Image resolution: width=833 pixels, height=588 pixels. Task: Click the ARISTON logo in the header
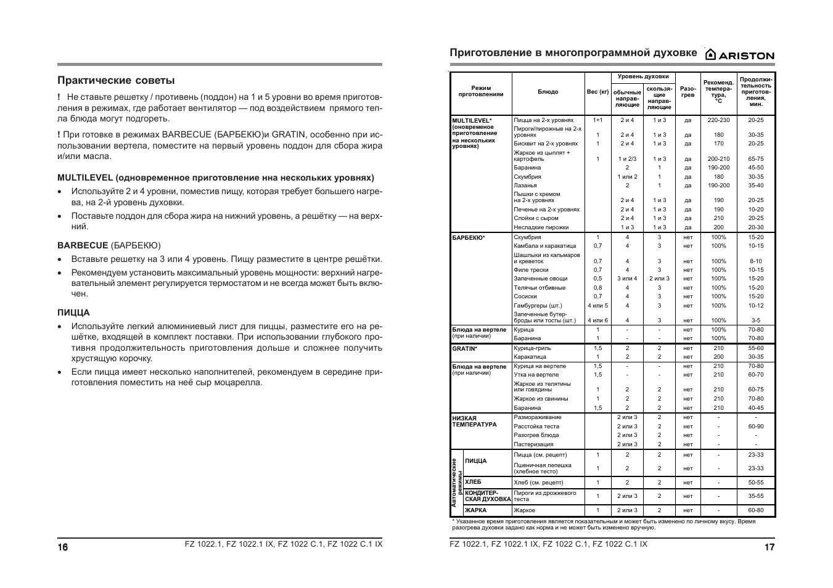point(740,55)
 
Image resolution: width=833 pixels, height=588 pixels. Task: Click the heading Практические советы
point(116,80)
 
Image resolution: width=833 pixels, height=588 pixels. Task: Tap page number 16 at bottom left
point(63,547)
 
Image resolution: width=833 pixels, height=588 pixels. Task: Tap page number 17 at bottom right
point(769,547)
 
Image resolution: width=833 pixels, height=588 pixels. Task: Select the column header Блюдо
point(548,92)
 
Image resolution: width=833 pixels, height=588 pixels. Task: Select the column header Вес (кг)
point(597,92)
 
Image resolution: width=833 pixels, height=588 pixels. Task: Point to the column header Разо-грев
point(687,92)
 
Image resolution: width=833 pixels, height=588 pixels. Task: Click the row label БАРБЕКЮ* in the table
point(469,237)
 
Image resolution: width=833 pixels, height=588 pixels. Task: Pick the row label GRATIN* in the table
point(465,348)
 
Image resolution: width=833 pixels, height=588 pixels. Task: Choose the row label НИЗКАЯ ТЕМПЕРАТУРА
point(474,421)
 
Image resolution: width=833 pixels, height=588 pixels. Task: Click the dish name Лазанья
point(525,186)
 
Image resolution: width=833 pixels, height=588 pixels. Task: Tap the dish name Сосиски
point(525,296)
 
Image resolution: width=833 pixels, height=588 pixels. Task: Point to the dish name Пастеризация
point(533,444)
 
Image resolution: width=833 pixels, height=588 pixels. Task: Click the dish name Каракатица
point(530,357)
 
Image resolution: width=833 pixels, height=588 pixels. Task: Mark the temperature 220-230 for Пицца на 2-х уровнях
point(718,120)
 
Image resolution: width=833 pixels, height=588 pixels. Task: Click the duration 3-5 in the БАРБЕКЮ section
point(756,321)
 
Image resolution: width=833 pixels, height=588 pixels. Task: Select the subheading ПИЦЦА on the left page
point(73,312)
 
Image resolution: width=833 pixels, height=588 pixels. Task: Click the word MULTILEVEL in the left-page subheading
point(85,178)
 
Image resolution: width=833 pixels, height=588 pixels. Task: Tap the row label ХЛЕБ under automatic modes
point(473,482)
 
